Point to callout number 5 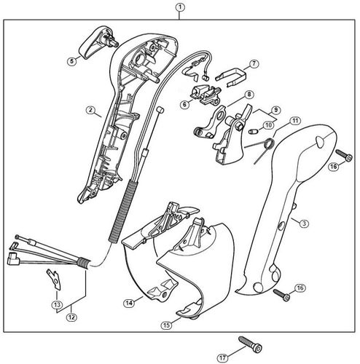tap(71, 61)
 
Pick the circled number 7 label tap(254, 64)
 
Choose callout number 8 tap(249, 95)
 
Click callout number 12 tap(72, 317)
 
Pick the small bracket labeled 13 tap(53, 278)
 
